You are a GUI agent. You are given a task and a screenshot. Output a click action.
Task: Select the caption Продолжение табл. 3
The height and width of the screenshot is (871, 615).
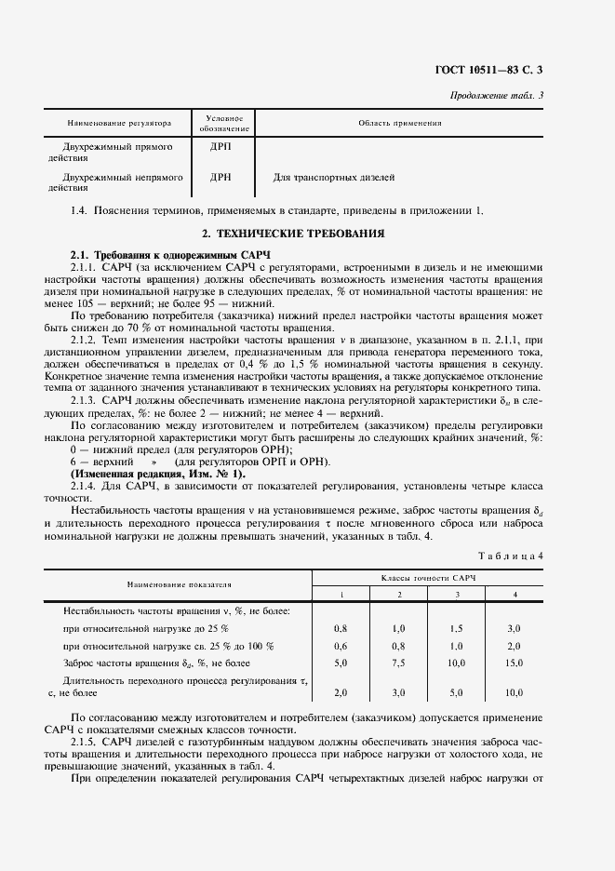498,96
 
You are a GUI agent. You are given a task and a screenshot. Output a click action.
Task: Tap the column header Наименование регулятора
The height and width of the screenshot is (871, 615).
119,123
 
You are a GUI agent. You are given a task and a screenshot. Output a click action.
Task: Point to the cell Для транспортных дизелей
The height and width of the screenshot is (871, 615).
334,176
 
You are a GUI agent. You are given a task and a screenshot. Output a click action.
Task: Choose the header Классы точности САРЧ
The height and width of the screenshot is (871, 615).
427,579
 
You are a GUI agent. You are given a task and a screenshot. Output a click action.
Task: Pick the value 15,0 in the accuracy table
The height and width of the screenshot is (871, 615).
514,663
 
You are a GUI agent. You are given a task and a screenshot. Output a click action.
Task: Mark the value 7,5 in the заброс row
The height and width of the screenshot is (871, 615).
398,663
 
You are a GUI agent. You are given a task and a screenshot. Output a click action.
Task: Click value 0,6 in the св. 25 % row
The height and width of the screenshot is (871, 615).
341,646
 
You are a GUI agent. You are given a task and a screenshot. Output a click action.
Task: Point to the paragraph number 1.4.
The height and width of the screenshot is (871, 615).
79,210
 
